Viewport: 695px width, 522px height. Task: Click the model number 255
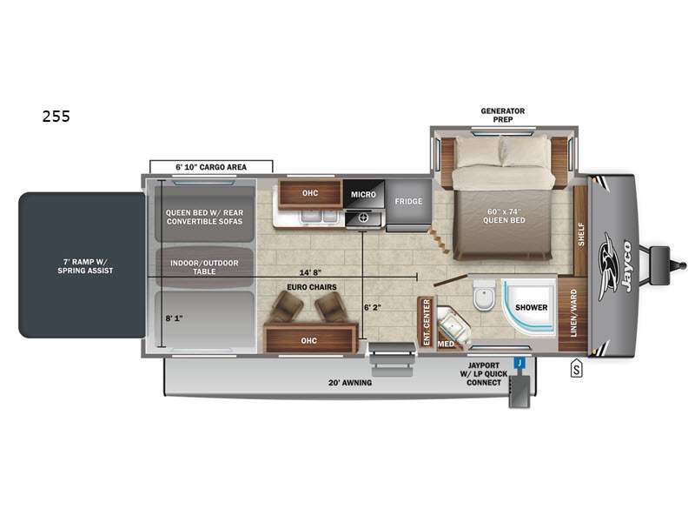(56, 117)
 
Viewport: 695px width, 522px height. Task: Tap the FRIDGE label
(408, 202)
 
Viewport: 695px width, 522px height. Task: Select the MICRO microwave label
(363, 194)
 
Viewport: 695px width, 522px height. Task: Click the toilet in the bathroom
(484, 294)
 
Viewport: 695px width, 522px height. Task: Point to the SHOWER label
(531, 307)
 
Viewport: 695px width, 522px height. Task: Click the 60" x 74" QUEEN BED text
(504, 216)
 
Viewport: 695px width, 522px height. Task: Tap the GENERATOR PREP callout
(503, 115)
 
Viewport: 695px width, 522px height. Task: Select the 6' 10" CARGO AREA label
(211, 167)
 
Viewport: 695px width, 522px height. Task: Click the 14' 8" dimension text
(310, 272)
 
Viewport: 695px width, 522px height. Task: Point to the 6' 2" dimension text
(373, 307)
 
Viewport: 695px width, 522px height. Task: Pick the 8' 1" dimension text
(175, 318)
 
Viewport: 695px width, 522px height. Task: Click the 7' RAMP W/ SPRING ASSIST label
(85, 266)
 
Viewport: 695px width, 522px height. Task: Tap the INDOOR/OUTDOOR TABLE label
(204, 267)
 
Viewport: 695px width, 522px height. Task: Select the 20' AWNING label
(350, 382)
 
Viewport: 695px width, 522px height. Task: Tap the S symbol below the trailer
(576, 368)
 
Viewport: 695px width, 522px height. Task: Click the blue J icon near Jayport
(520, 363)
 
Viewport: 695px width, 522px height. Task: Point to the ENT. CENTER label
(427, 322)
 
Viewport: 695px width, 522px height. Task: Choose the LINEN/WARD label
(573, 312)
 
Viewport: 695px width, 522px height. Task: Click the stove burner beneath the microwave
(364, 218)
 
